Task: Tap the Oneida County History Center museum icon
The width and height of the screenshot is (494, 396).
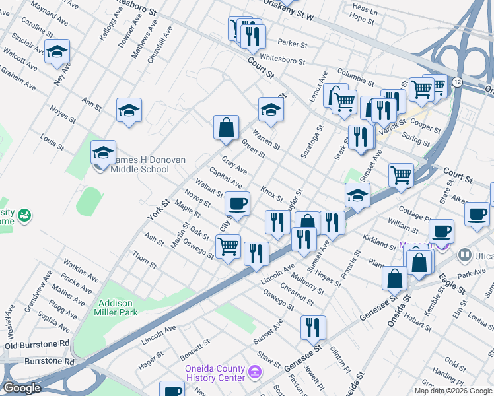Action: click(x=254, y=374)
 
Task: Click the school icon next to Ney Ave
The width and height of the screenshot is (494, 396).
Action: click(x=57, y=51)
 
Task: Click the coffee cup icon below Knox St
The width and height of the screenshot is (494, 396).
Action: click(x=237, y=203)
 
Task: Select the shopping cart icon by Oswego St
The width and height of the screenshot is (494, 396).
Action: click(x=228, y=247)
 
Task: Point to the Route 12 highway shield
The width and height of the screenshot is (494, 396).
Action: click(x=457, y=82)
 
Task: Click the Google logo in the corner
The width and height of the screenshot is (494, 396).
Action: click(x=22, y=388)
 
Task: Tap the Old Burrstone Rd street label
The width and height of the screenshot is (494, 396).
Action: click(x=37, y=345)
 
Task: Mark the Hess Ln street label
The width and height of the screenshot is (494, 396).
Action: click(x=365, y=9)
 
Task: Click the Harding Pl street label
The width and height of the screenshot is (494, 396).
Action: click(x=460, y=379)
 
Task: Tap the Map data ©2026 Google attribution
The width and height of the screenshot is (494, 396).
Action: click(x=453, y=391)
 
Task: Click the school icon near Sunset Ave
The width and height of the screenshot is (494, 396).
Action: click(x=357, y=195)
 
